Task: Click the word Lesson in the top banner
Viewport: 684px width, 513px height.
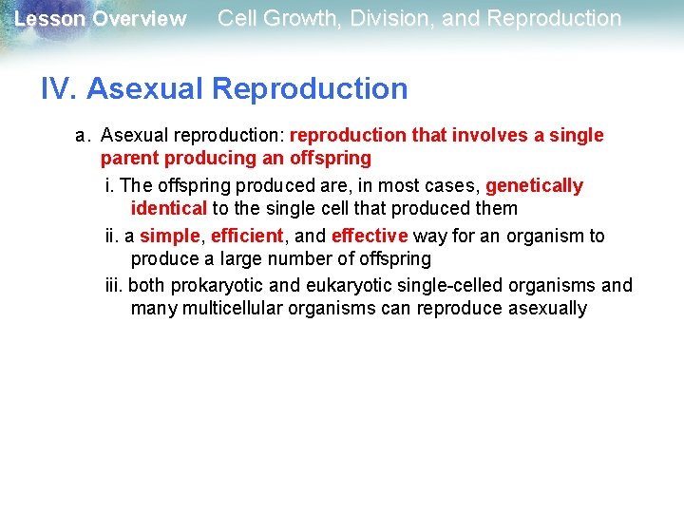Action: (49, 19)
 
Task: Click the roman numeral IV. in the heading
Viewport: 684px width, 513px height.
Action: (59, 89)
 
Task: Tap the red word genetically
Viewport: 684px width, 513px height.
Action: (534, 186)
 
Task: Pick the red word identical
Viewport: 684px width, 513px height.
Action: (168, 208)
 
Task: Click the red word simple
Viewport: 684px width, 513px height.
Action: (169, 236)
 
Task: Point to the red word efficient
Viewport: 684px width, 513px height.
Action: (247, 236)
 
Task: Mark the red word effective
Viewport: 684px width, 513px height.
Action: (370, 236)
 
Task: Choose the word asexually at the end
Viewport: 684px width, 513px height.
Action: (547, 309)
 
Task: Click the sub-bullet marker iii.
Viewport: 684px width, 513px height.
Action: (114, 286)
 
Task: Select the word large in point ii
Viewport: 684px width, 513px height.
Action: (242, 258)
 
